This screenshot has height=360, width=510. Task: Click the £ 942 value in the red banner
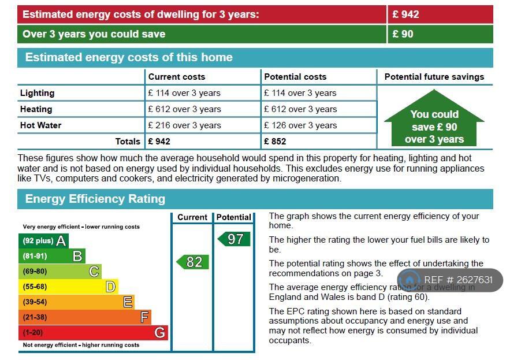point(405,14)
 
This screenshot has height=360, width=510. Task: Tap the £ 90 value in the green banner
point(403,34)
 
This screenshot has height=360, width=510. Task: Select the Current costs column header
point(176,77)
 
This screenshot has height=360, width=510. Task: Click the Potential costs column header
point(295,77)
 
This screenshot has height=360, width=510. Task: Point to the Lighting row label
point(37,93)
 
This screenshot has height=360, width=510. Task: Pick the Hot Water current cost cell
point(184,125)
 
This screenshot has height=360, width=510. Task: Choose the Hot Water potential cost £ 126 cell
point(300,125)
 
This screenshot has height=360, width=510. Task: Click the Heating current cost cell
point(184,109)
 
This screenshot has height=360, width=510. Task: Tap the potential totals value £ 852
point(275,141)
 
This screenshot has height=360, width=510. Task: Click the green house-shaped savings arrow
point(434,121)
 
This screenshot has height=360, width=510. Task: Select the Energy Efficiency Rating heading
point(95,199)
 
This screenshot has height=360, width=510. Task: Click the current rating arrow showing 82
point(192,262)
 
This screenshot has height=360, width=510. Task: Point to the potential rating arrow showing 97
point(234,239)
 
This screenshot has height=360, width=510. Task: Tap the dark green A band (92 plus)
point(43,240)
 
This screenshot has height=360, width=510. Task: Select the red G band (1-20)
point(92,332)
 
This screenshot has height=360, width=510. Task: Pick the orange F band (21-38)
point(84,317)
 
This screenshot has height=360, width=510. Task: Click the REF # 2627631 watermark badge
point(450,280)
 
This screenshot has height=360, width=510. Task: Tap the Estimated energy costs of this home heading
point(128,57)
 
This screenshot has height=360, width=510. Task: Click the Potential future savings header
point(434,77)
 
